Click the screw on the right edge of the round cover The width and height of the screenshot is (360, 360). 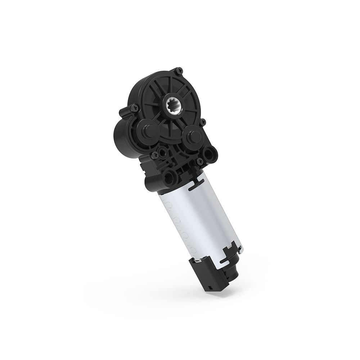click(203, 121)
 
